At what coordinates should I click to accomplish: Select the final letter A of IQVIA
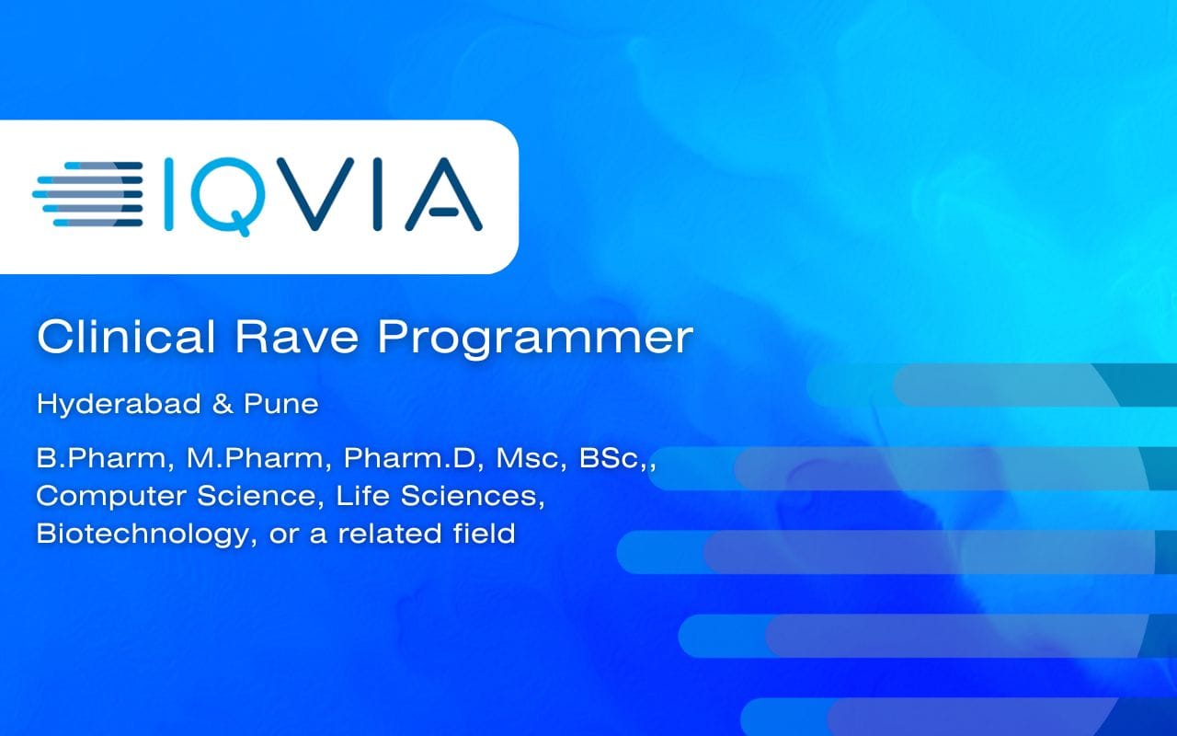[443, 194]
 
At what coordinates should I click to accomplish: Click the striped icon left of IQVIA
[87, 194]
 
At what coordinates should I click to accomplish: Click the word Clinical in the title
[126, 337]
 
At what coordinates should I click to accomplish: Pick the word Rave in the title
[297, 337]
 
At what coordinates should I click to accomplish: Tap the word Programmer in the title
[535, 340]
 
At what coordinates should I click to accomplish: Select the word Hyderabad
[119, 404]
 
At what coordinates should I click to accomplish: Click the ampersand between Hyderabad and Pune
[223, 404]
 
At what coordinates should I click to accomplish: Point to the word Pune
[281, 404]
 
